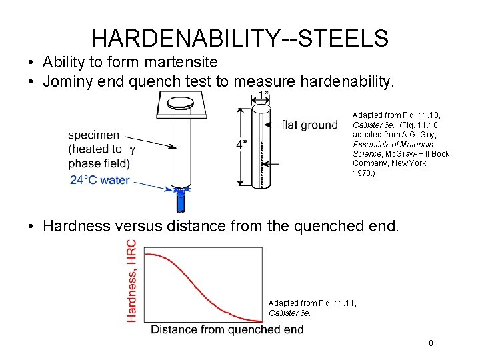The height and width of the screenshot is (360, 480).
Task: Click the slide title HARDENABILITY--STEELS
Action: point(239,38)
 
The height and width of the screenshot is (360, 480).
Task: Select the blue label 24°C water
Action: point(99,180)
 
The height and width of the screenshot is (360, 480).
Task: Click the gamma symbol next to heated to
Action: point(132,149)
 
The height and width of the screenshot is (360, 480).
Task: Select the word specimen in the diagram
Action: point(94,135)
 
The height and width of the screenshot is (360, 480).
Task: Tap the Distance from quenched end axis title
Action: point(227,329)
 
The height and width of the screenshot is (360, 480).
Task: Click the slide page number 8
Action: point(431,343)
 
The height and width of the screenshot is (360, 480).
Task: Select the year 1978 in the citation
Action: point(361,173)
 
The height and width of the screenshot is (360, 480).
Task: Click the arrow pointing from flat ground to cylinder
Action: point(273,125)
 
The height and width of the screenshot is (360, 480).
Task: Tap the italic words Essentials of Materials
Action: point(393,144)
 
